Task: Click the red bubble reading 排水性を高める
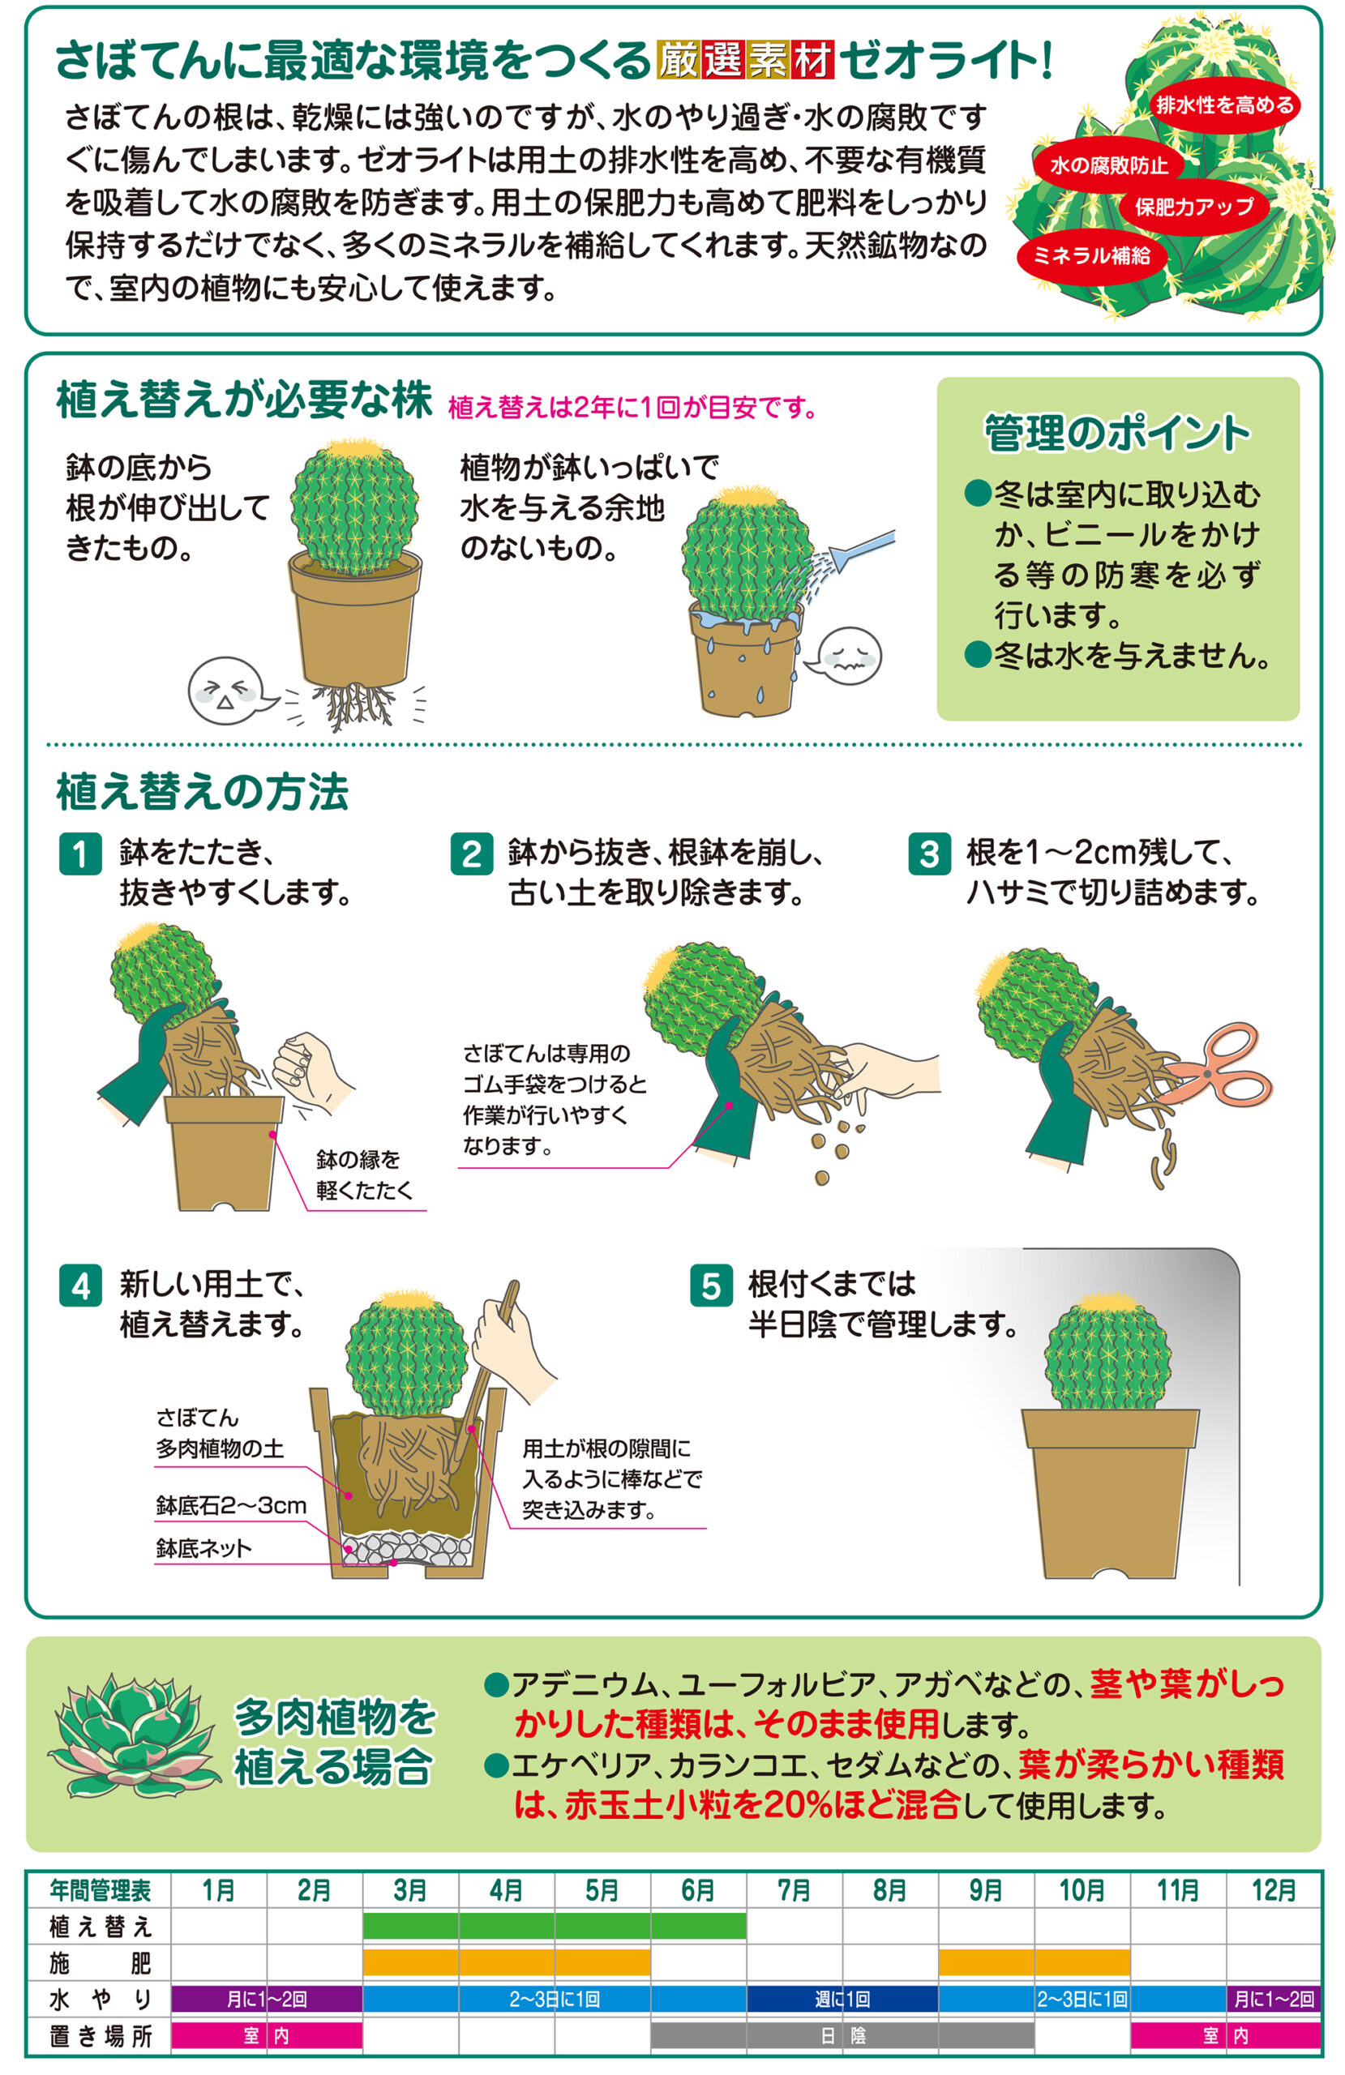pyautogui.click(x=1223, y=105)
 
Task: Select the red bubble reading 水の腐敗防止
pyautogui.click(x=1107, y=165)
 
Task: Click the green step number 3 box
pyautogui.click(x=929, y=854)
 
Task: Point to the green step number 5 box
pyautogui.click(x=711, y=1286)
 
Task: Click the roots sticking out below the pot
pyautogui.click(x=356, y=704)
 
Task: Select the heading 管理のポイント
pyautogui.click(x=1116, y=433)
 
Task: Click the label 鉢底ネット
pyautogui.click(x=203, y=1548)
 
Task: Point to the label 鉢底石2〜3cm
pyautogui.click(x=231, y=1506)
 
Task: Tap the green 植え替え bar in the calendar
pyautogui.click(x=554, y=1926)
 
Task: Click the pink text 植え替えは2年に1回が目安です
pyautogui.click(x=632, y=407)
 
